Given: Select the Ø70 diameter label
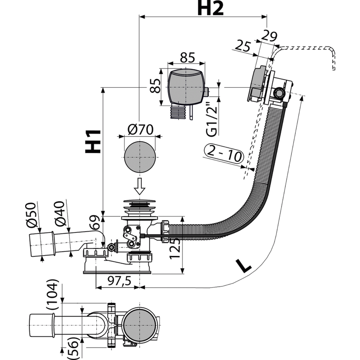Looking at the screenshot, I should pyautogui.click(x=142, y=129).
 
